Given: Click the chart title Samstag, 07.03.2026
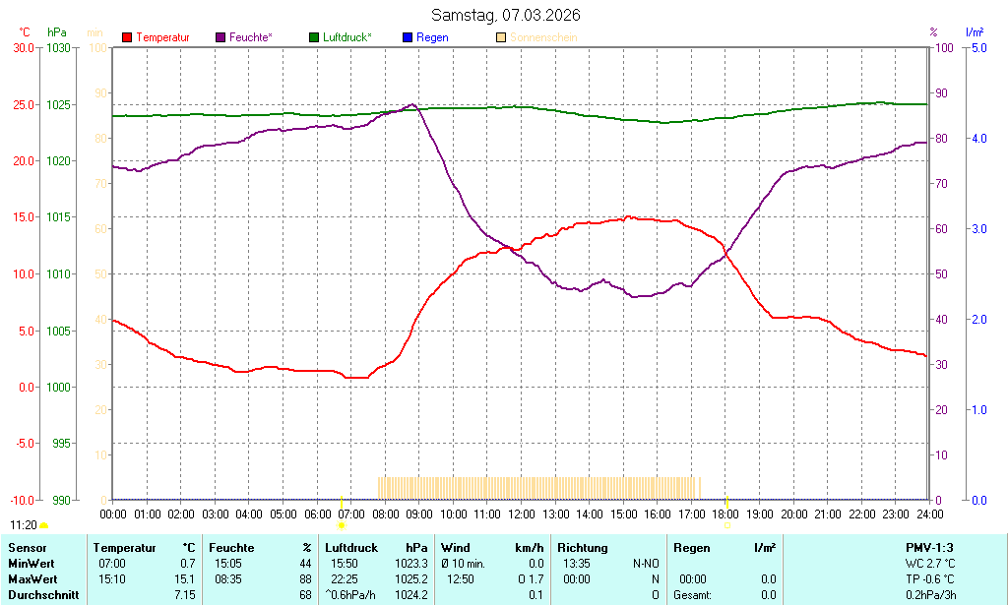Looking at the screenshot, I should (505, 15).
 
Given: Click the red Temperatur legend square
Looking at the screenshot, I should (127, 37).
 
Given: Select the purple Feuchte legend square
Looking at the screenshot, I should (220, 37).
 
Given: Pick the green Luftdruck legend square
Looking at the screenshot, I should (314, 37).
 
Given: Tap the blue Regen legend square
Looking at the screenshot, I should (408, 37).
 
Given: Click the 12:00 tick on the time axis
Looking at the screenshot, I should (521, 514).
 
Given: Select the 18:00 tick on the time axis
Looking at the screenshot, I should (725, 514).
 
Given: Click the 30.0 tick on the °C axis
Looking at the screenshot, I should (22, 47).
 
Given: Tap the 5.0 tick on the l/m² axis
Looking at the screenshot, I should (978, 47).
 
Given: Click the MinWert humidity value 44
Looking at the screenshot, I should (305, 563).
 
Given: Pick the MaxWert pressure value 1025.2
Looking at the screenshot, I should (411, 579).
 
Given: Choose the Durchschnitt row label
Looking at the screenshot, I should (43, 595).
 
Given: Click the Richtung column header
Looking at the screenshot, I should (582, 547).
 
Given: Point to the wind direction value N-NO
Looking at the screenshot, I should (646, 563).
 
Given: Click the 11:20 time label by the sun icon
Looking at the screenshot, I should (24, 525).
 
